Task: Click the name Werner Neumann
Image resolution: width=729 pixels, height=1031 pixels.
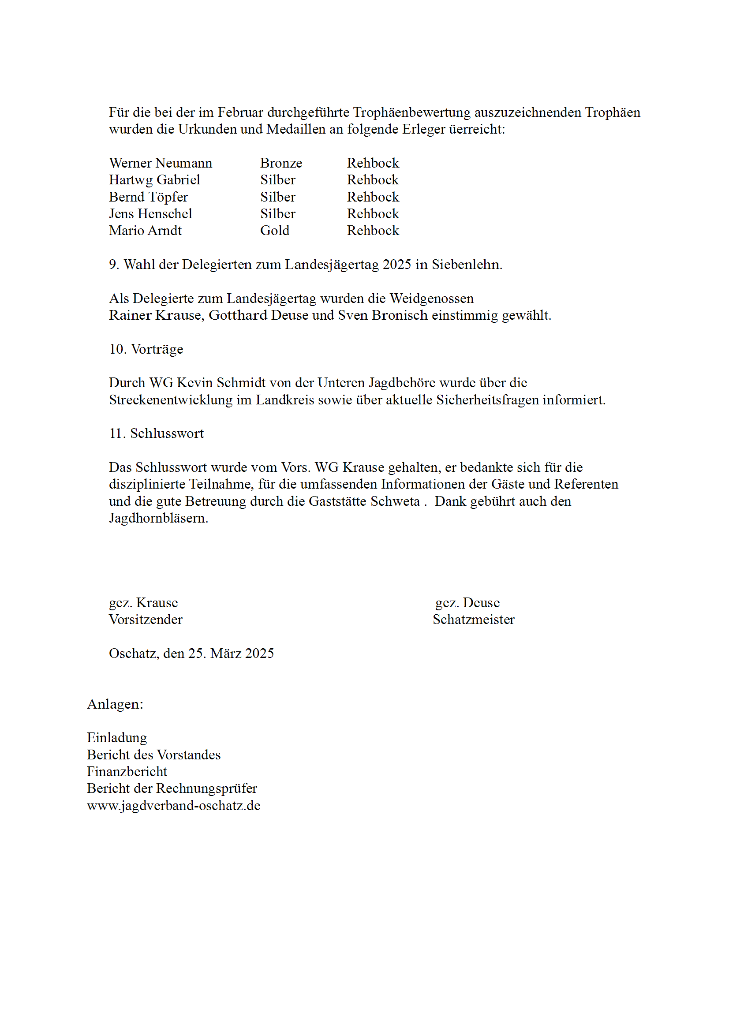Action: tap(161, 163)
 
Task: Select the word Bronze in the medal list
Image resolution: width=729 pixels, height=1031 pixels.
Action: tap(281, 163)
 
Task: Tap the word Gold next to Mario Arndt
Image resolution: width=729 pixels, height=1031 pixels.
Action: tap(274, 230)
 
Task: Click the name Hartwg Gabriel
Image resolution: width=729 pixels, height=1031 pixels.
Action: tap(154, 179)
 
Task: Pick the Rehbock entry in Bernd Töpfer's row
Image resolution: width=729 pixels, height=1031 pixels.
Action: tap(373, 197)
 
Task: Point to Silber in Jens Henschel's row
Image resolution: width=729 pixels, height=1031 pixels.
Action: tap(277, 214)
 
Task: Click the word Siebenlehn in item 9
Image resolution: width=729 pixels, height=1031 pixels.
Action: tap(466, 265)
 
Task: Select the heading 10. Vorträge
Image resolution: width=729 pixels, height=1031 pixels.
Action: tap(146, 349)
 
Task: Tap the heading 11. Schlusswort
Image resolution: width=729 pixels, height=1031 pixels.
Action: tap(156, 433)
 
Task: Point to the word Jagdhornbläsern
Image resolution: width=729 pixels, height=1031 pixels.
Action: tap(158, 518)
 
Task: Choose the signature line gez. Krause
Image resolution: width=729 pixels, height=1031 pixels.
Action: tap(143, 603)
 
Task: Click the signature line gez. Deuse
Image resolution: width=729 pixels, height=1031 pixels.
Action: tap(467, 603)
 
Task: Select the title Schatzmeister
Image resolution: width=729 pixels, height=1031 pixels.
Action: tap(473, 620)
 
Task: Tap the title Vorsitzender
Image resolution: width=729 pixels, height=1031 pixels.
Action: tap(146, 620)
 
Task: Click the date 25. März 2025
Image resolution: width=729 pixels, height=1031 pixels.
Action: tap(231, 654)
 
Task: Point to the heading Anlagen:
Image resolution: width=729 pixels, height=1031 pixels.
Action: tap(115, 704)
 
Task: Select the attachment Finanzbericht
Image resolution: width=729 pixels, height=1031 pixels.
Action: tap(127, 771)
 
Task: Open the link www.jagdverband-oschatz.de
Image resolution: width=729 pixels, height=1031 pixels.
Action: tap(173, 806)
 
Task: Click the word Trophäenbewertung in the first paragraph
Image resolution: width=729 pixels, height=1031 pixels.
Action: tap(411, 112)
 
